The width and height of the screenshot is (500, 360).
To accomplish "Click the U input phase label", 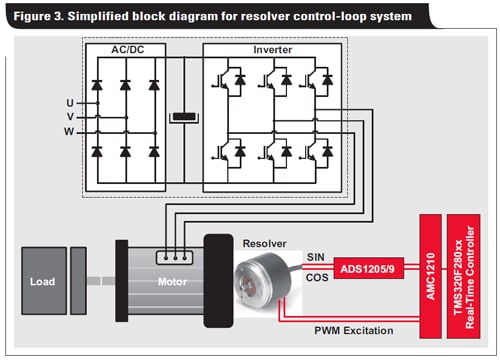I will coord(69,103).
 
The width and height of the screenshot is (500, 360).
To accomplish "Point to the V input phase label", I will coord(69,117).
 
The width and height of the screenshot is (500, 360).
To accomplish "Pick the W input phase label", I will coord(69,131).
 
